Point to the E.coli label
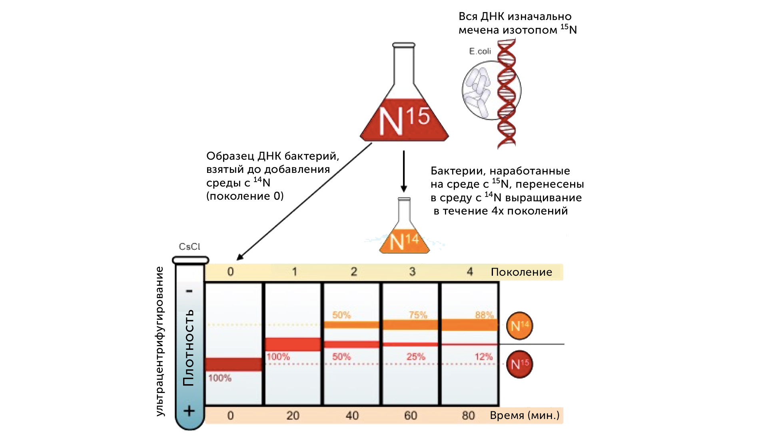tap(480, 51)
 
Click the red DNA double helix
tap(507, 94)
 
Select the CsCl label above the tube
tap(189, 247)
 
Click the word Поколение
tap(521, 272)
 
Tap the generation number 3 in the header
tap(412, 272)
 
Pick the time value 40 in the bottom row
tap(352, 415)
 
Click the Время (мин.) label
tap(525, 415)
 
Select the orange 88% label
tap(484, 315)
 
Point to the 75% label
tap(418, 315)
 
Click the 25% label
tap(416, 357)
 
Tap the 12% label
tap(483, 357)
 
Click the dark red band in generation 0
tap(233, 364)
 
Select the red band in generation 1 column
tap(293, 344)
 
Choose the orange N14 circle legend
tap(519, 326)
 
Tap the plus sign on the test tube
tap(189, 411)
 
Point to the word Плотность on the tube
tap(188, 347)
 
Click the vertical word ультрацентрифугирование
tap(160, 341)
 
